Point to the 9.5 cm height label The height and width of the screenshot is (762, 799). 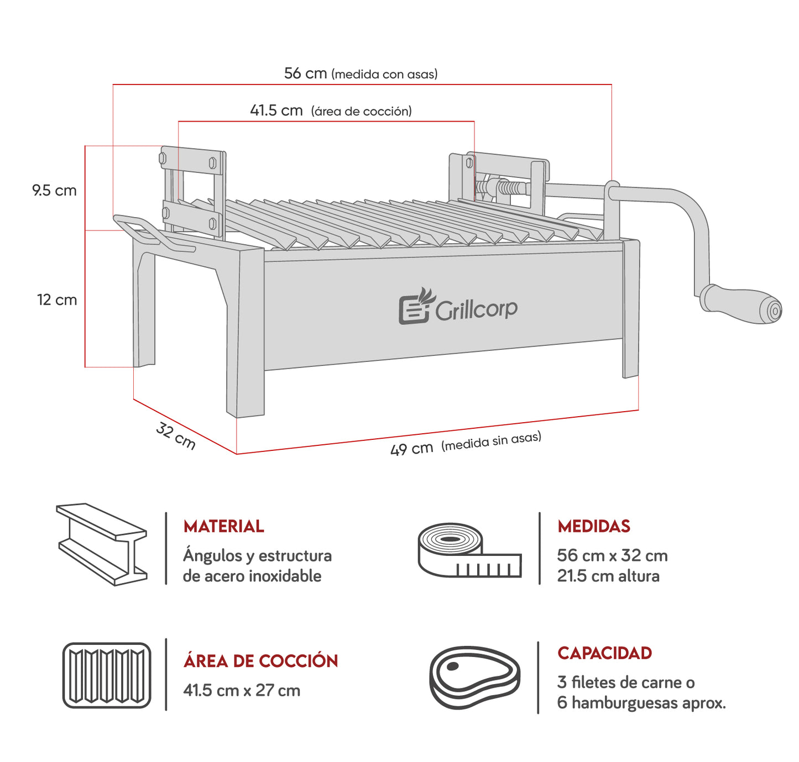point(54,191)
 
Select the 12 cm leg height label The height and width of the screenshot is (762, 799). point(56,300)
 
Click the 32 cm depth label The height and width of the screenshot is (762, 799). point(176,436)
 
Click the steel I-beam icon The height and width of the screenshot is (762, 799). point(102,544)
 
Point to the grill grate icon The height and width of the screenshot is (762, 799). point(107,675)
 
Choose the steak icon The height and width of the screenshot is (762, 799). point(474,677)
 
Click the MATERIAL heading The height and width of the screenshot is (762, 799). point(223,526)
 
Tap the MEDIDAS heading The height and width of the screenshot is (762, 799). point(593,526)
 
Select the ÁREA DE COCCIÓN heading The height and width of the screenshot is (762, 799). point(260,661)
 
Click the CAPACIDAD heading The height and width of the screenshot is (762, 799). point(604,653)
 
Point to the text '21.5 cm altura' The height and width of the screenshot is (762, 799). point(608,576)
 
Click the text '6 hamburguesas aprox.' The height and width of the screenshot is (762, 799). point(641,703)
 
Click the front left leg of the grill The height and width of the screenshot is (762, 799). point(246,332)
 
